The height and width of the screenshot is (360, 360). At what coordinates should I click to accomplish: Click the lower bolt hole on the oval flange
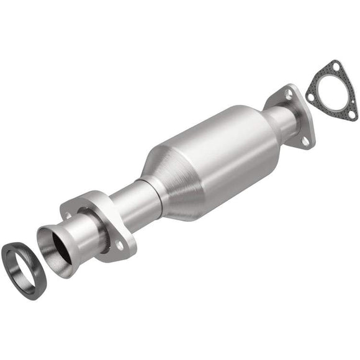[120, 245]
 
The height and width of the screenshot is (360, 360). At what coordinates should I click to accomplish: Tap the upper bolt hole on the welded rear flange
[288, 93]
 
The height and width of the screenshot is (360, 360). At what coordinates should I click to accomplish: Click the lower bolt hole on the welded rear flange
[305, 142]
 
